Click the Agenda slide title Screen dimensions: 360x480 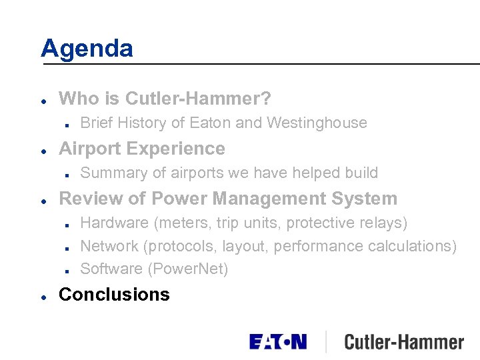tap(87, 48)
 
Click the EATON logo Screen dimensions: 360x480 tap(278, 342)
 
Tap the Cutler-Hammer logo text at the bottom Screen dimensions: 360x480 tap(404, 343)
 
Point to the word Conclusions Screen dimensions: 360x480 tap(114, 294)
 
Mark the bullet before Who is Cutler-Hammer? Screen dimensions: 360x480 tap(43, 100)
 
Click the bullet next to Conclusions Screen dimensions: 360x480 tap(43, 295)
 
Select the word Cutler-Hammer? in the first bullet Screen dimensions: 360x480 tap(198, 99)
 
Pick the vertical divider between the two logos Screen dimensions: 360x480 tap(326, 342)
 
